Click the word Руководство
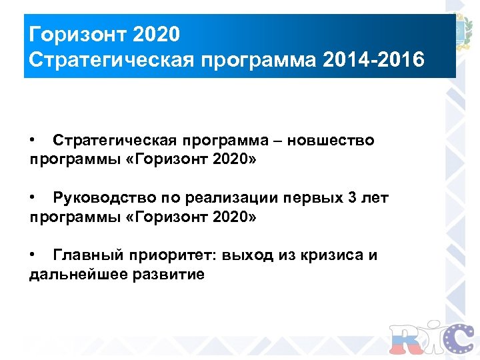[x=104, y=198]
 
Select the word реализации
[x=222, y=198]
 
